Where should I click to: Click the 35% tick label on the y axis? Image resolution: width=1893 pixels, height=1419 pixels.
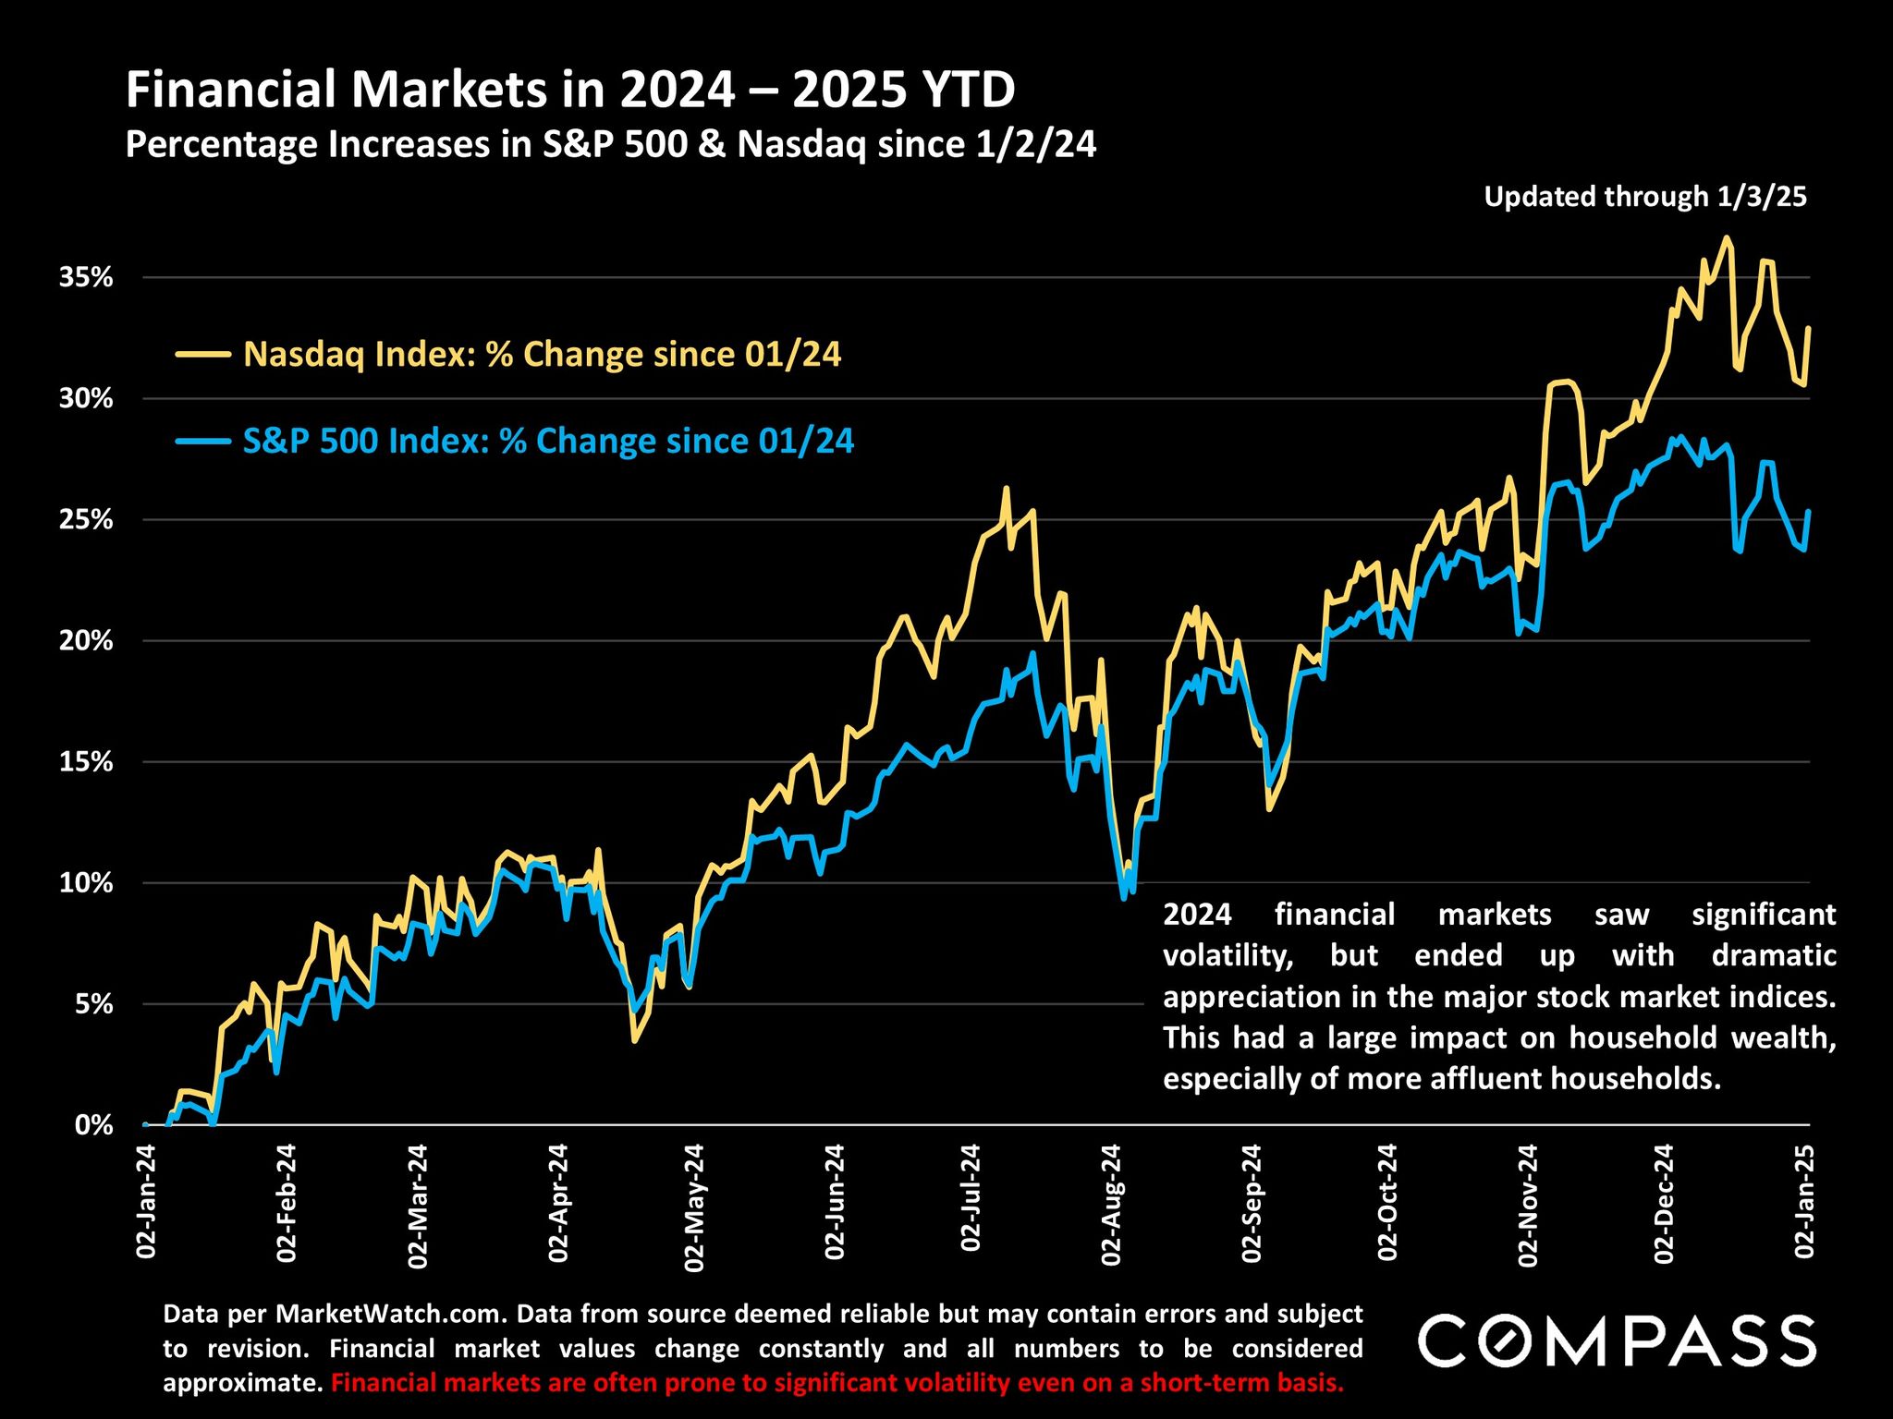pos(86,277)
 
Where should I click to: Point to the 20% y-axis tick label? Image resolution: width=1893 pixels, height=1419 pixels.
pos(86,640)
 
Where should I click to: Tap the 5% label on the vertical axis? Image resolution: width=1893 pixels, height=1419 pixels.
pos(93,1003)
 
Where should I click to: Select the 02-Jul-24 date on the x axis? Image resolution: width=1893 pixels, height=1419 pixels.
pos(971,1198)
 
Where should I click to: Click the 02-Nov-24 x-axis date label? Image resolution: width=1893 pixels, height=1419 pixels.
pos(1527,1205)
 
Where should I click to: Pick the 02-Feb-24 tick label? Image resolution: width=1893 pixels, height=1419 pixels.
pos(287,1203)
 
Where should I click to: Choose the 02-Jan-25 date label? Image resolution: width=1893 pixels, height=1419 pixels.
pos(1804,1201)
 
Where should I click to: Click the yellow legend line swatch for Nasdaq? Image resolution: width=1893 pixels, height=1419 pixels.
pos(203,353)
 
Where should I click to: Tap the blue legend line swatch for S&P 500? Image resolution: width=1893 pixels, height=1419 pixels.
pos(203,441)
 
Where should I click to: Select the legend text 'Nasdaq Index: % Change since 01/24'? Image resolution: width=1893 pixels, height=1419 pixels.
pos(542,354)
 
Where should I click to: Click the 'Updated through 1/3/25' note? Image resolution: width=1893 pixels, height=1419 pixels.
pos(1644,197)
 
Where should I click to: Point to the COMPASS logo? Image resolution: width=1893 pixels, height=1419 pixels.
pos(1617,1341)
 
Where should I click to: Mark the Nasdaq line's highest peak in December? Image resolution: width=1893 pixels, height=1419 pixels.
pos(1726,237)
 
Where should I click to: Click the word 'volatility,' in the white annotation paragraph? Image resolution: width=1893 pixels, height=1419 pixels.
pos(1227,954)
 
